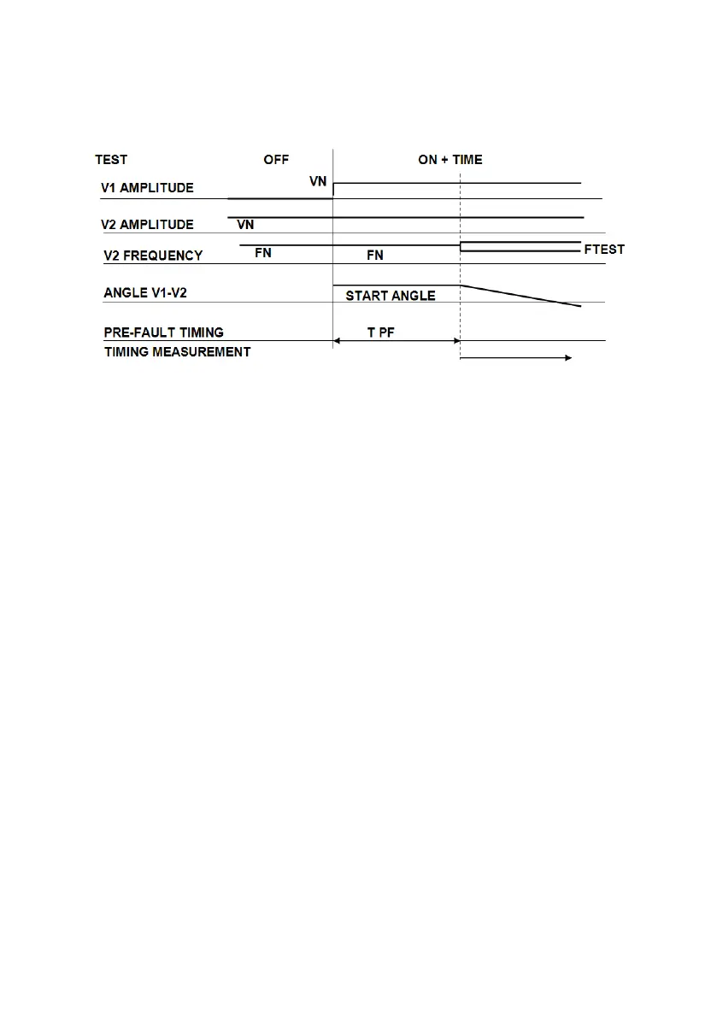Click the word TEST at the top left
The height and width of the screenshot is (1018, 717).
(x=111, y=160)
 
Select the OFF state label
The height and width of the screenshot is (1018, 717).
(x=276, y=160)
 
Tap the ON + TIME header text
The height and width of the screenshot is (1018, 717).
(x=450, y=160)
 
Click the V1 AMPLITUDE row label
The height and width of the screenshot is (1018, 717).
(x=148, y=188)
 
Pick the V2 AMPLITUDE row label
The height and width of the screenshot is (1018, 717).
(x=148, y=225)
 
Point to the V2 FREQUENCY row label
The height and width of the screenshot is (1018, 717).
(x=153, y=255)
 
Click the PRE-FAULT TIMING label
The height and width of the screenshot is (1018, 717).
(x=164, y=332)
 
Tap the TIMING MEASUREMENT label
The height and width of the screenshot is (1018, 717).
(x=178, y=351)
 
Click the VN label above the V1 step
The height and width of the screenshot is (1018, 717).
(x=318, y=182)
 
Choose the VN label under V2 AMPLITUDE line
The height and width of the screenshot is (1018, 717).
(x=245, y=225)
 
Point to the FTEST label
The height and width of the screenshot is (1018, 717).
(x=604, y=250)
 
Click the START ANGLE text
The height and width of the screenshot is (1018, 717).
(x=391, y=296)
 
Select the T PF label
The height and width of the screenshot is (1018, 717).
(x=381, y=332)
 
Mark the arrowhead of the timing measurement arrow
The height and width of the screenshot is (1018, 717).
(x=567, y=359)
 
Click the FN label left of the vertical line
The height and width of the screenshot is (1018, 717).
(x=263, y=254)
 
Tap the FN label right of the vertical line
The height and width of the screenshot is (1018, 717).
(x=375, y=256)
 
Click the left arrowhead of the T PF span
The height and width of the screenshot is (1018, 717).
(x=337, y=341)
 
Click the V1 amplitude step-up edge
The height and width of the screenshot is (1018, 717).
(x=333, y=190)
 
